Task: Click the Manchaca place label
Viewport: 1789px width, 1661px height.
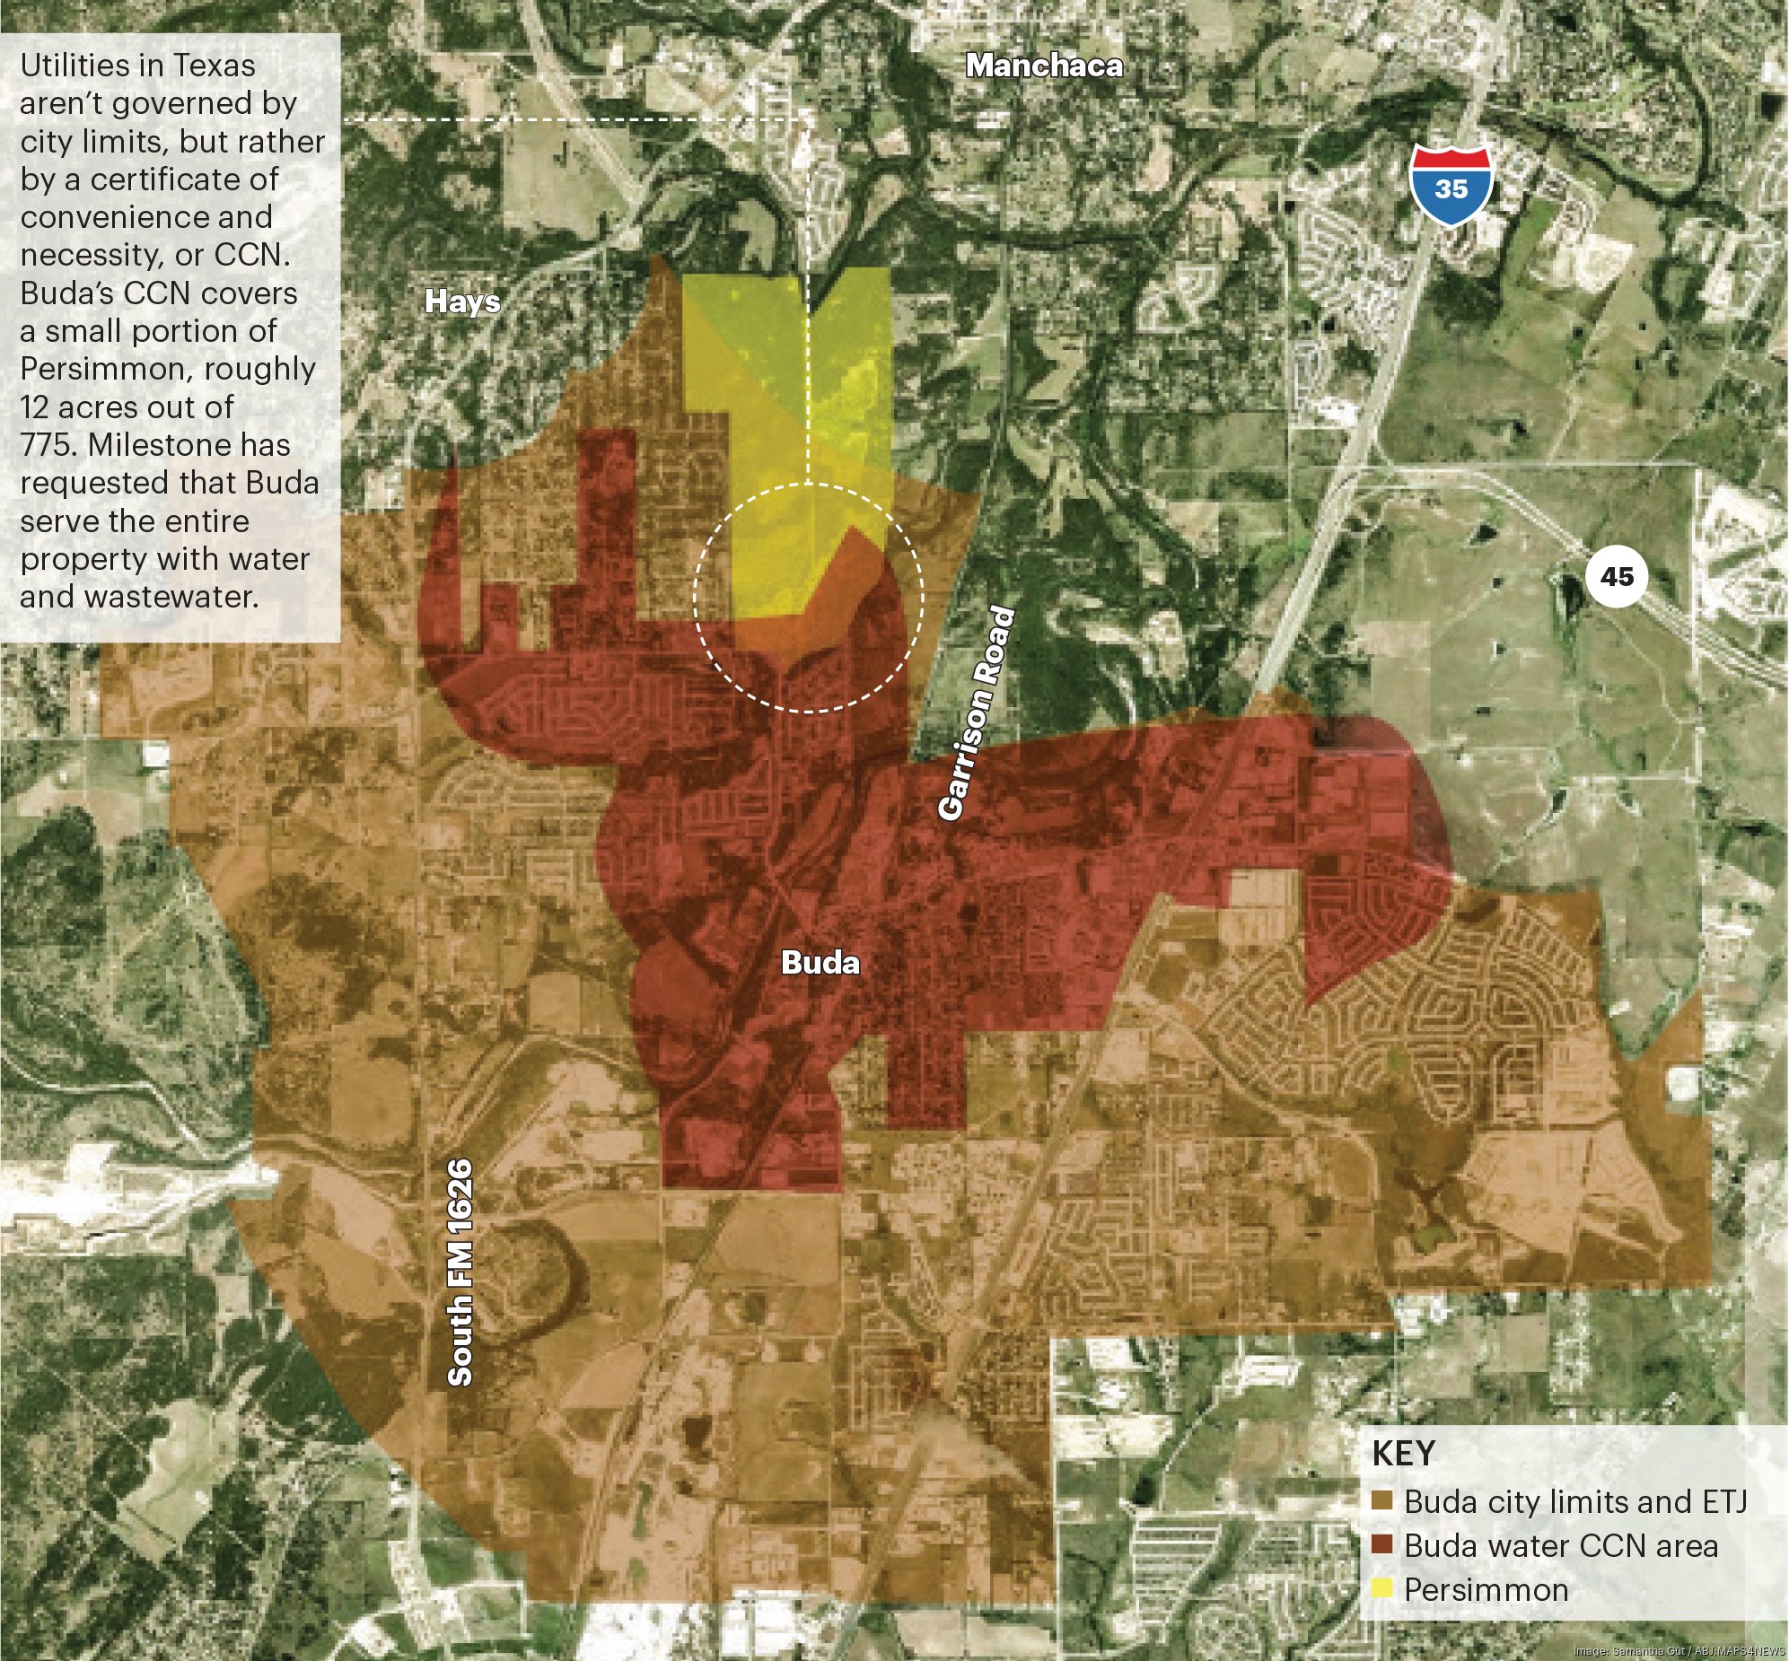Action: pyautogui.click(x=1044, y=66)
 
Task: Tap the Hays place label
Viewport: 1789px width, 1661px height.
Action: pyautogui.click(x=462, y=302)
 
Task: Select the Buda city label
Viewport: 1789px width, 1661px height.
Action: pyautogui.click(x=820, y=963)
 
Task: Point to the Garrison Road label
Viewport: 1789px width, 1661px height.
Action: pyautogui.click(x=978, y=712)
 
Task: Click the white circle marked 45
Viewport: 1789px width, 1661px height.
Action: pyautogui.click(x=1617, y=576)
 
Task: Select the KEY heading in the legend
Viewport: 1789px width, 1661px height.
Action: pyautogui.click(x=1403, y=1454)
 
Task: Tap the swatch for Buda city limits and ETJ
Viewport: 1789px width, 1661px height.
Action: pyautogui.click(x=1382, y=1500)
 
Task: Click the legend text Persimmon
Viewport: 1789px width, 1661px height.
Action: pyautogui.click(x=1486, y=1589)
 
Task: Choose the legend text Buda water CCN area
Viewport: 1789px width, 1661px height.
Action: pyautogui.click(x=1561, y=1545)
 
